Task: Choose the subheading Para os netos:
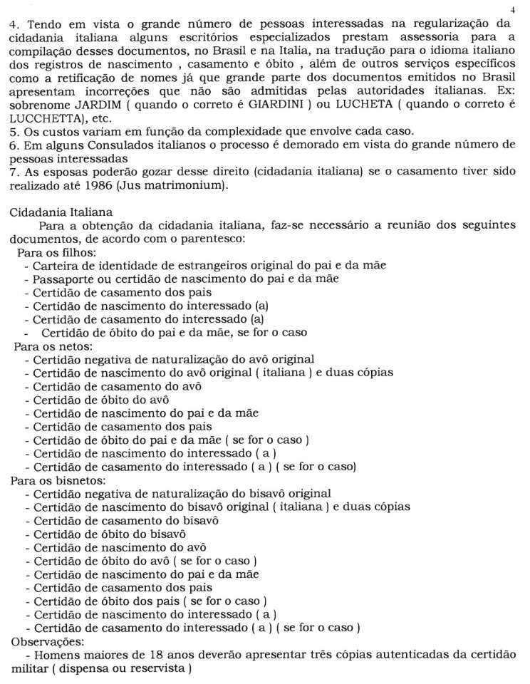[53, 346]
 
